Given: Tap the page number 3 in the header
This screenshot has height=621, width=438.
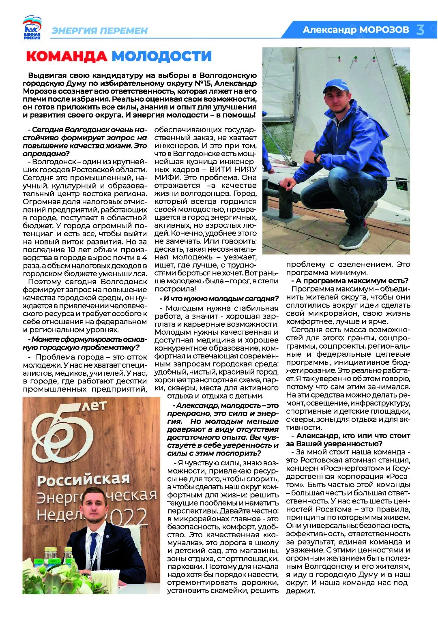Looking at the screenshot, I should point(421,30).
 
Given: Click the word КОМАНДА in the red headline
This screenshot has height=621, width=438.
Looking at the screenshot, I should point(67,56).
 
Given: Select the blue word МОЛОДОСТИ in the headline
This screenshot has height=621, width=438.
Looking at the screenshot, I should point(161,56).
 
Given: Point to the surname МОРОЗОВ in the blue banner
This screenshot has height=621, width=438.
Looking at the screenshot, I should point(384,30).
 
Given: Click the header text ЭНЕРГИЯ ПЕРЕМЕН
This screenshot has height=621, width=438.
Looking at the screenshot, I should point(99,31).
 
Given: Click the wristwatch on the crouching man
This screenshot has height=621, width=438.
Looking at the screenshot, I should point(317,158).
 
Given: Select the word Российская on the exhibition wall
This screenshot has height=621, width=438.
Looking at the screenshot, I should point(83,480).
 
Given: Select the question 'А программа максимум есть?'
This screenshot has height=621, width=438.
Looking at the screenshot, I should point(351,281).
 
